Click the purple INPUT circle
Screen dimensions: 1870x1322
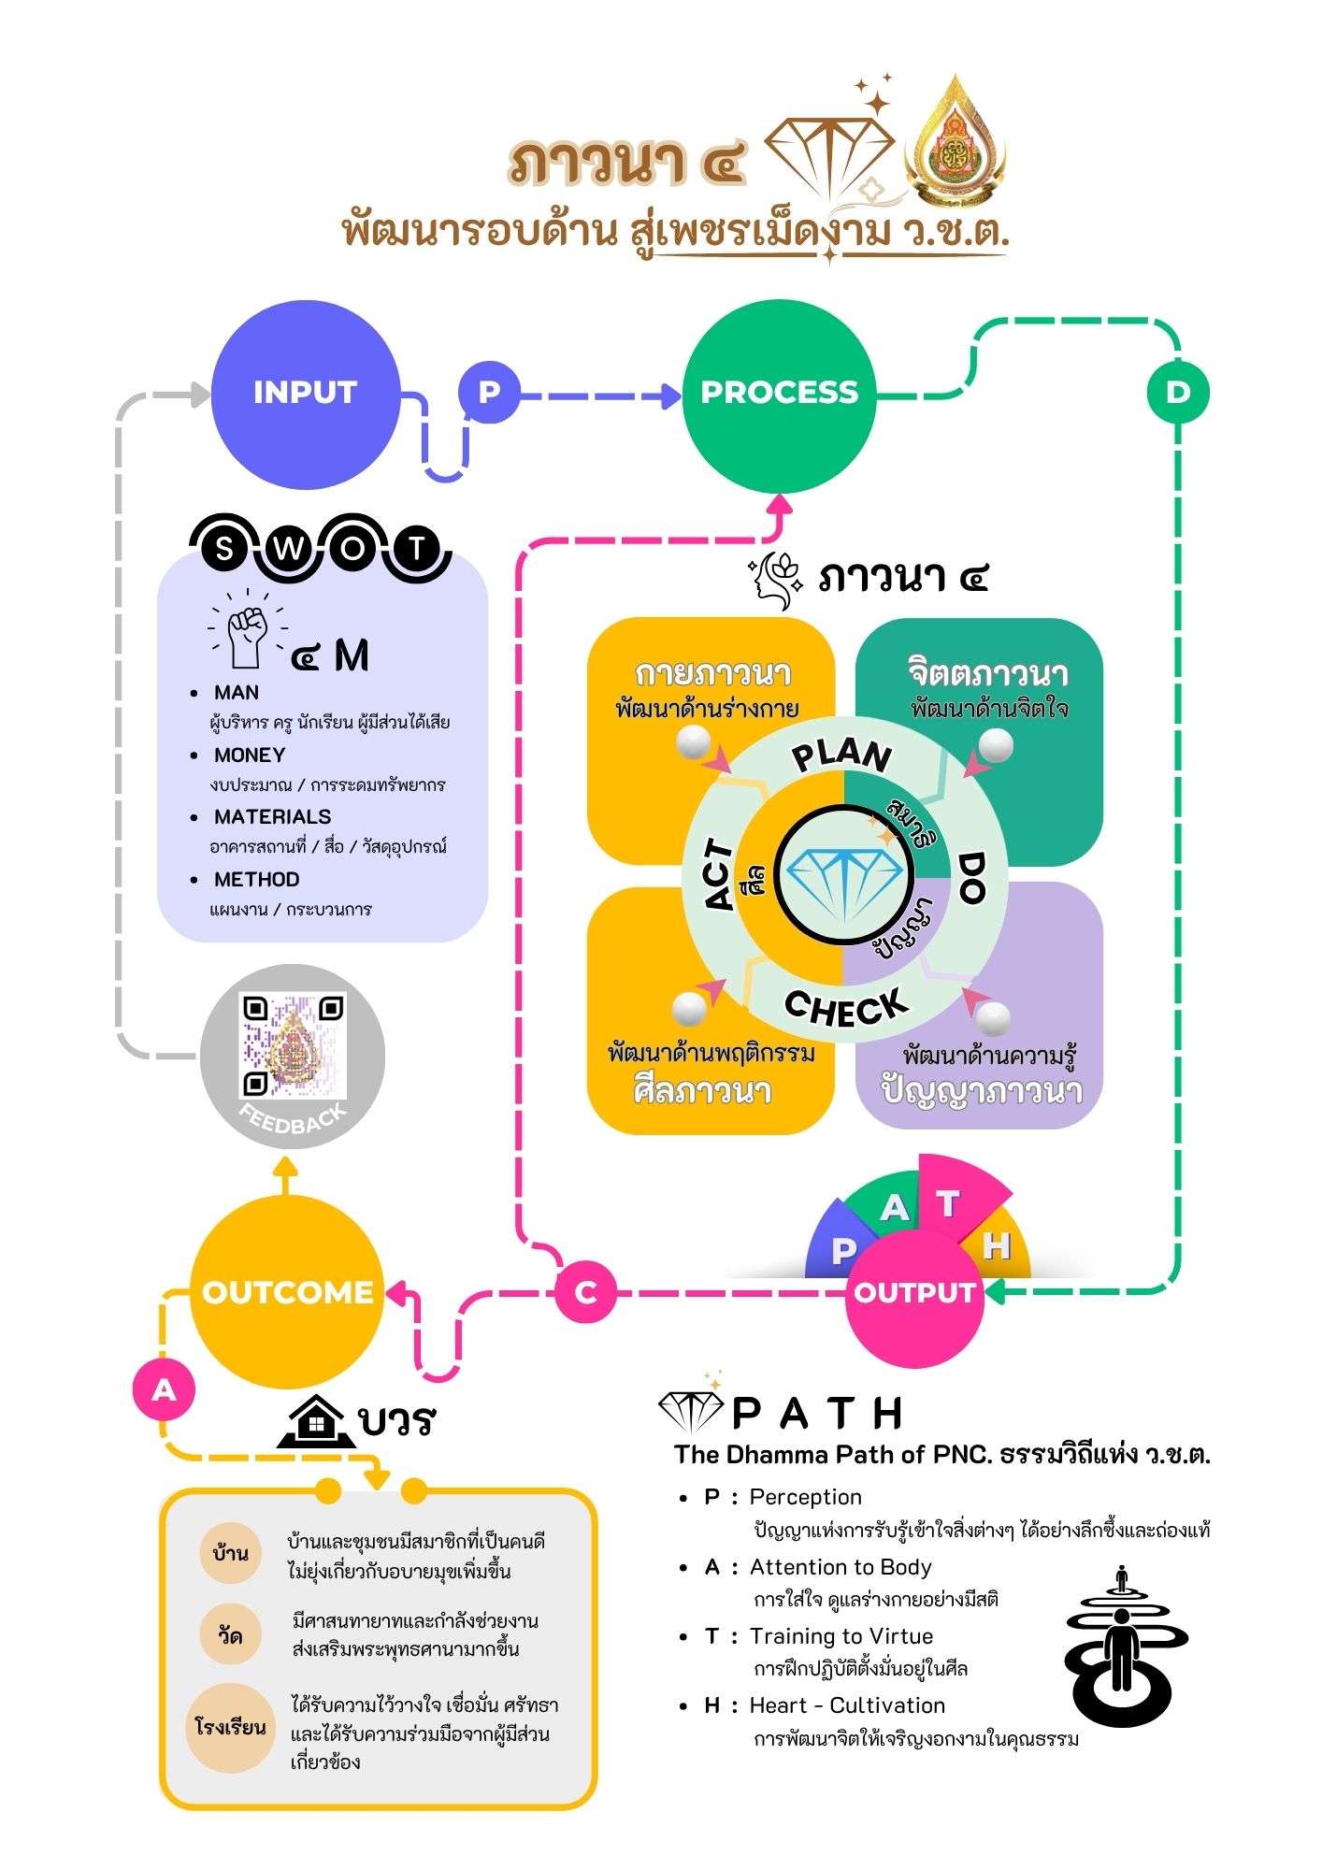[306, 395]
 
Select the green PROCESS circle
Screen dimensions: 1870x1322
[779, 395]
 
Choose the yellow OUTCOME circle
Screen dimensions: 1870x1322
[287, 1292]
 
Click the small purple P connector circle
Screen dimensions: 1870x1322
[488, 392]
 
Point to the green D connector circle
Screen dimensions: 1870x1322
[1177, 392]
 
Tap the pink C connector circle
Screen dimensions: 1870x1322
[585, 1292]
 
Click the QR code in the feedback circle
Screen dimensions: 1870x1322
[294, 1044]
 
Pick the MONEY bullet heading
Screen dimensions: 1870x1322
[250, 755]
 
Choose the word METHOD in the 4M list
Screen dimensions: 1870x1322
[257, 880]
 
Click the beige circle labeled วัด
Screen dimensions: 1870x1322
[230, 1636]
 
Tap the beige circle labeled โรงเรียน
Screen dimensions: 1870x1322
[230, 1727]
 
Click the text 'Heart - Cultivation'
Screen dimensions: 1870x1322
[847, 1706]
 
